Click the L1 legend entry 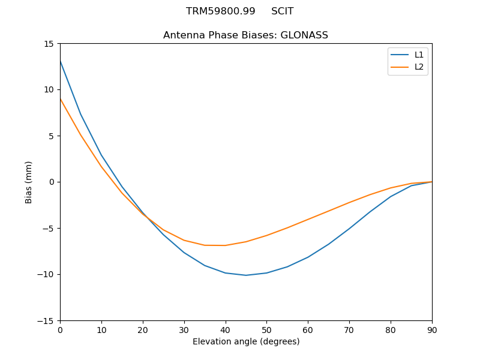tap(419, 55)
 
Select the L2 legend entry tap(419, 67)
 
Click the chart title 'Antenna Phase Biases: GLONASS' tap(245, 35)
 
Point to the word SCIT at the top tap(282, 11)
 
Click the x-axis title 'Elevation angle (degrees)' tap(245, 341)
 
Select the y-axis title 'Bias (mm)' tap(29, 182)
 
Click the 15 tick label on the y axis tap(49, 43)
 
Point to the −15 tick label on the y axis tap(46, 320)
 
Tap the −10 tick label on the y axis tap(46, 274)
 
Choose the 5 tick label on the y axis tap(51, 136)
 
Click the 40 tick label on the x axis tap(225, 329)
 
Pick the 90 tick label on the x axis tap(431, 329)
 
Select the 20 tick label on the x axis tap(143, 329)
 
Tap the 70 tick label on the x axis tap(349, 329)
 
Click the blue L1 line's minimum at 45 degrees tap(246, 275)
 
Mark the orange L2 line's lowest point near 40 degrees tap(225, 245)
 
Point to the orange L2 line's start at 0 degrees tap(61, 99)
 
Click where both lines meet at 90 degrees tap(431, 182)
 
